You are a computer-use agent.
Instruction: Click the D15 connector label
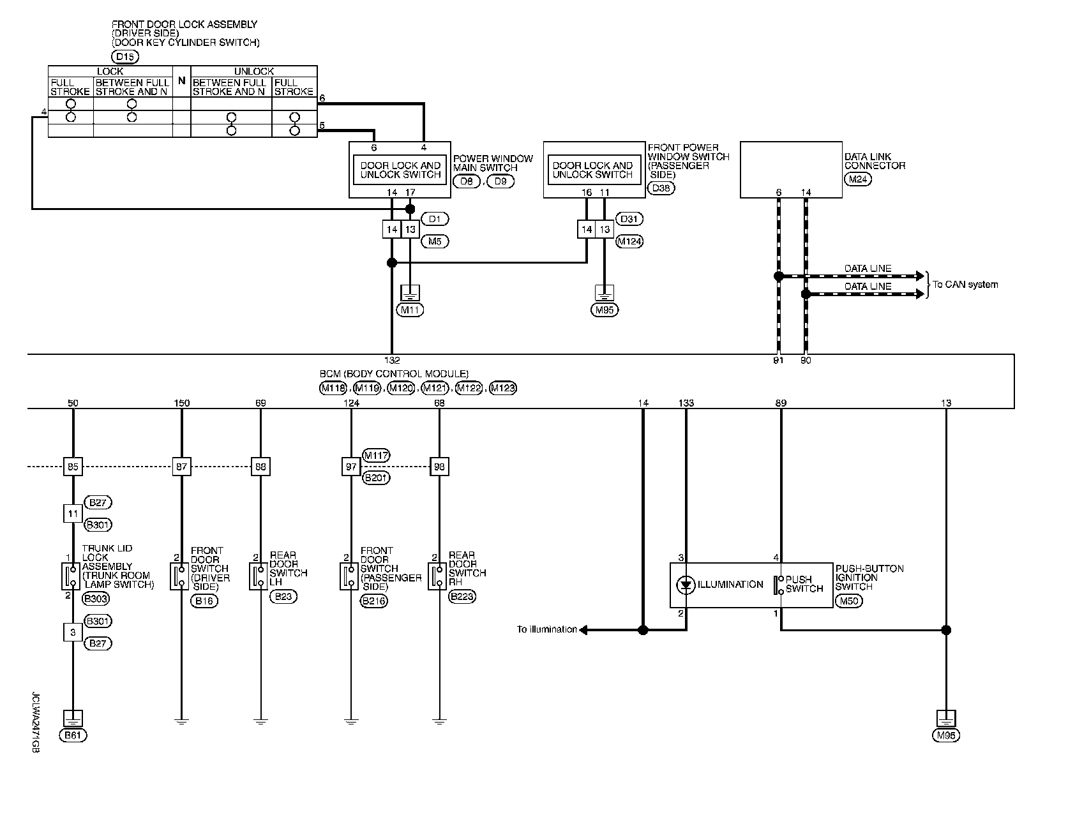tap(126, 57)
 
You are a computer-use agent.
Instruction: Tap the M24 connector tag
tap(857, 179)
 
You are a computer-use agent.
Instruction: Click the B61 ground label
tap(73, 735)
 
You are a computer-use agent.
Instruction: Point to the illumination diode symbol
tap(686, 585)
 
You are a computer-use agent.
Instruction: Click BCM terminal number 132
tap(392, 361)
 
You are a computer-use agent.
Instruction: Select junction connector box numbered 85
tap(73, 467)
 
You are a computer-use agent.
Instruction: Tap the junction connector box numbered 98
tap(439, 467)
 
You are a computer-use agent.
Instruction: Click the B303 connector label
tap(97, 599)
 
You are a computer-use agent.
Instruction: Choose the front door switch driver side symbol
tap(176, 576)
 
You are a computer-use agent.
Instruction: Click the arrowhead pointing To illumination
tap(583, 630)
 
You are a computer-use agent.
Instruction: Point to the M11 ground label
tap(410, 310)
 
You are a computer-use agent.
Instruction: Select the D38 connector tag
tap(661, 188)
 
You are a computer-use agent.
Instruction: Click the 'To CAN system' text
tap(965, 285)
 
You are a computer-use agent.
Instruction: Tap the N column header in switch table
tap(181, 81)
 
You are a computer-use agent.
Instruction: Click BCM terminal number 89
tap(781, 403)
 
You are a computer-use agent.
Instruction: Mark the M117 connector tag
tap(376, 455)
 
